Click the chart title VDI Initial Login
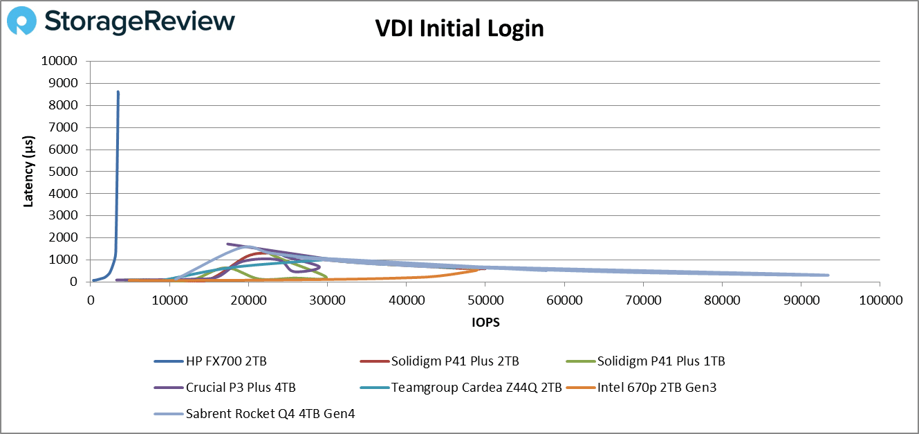click(x=459, y=28)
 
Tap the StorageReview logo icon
click(x=21, y=21)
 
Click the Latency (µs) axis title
click(x=28, y=172)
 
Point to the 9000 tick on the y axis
click(x=69, y=83)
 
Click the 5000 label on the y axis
click(x=69, y=172)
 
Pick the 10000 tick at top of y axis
click(x=66, y=61)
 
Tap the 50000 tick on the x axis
click(x=485, y=301)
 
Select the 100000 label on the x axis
click(x=880, y=301)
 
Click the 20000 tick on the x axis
click(x=248, y=301)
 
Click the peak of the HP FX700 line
click(x=118, y=91)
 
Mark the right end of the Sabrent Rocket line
click(x=827, y=275)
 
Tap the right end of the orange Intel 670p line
click(x=477, y=270)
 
